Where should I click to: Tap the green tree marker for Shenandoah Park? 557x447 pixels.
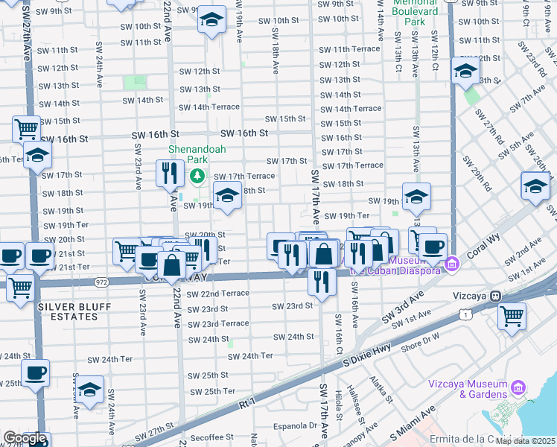click(x=197, y=177)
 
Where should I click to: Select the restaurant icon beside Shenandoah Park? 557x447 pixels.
click(x=168, y=174)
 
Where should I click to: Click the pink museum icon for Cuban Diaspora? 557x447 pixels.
click(x=451, y=264)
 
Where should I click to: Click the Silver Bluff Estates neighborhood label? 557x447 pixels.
click(x=68, y=311)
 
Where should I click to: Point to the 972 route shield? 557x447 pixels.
click(x=102, y=282)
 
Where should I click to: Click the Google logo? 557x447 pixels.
click(x=24, y=438)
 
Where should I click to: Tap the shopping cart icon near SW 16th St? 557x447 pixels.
click(x=26, y=128)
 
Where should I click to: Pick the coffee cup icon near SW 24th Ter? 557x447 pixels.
click(x=35, y=372)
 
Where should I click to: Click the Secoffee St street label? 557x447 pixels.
click(x=212, y=438)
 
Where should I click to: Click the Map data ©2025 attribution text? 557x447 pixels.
click(x=526, y=441)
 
